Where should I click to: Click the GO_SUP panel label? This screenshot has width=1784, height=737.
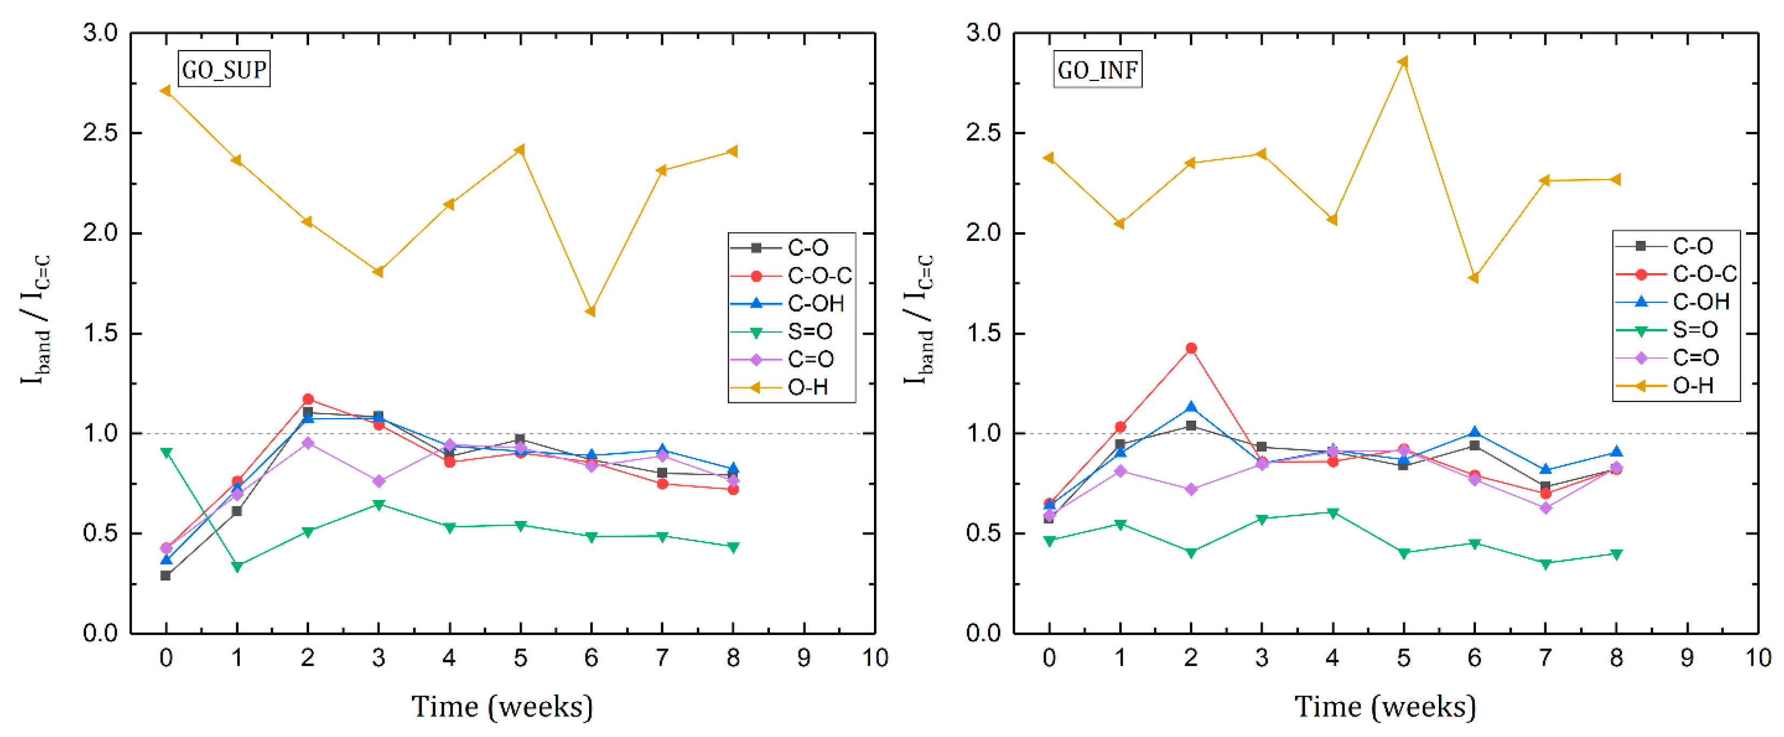(x=223, y=69)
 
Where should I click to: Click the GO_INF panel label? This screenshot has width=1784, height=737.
(x=1097, y=69)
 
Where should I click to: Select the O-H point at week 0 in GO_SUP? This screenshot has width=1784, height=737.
(x=165, y=91)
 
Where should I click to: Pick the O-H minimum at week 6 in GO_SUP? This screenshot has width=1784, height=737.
(x=591, y=312)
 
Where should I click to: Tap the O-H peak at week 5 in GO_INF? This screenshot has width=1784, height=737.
(x=1403, y=61)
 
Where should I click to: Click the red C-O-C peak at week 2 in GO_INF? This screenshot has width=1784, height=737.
(x=1191, y=349)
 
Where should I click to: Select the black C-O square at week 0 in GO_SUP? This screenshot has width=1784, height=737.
(x=165, y=575)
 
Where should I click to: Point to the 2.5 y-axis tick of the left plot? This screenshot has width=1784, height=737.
(x=100, y=133)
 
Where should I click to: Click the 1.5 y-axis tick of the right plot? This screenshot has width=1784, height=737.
(x=983, y=333)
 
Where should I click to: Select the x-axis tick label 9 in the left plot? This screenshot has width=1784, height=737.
(x=804, y=657)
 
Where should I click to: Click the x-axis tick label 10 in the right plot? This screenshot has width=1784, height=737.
(x=1758, y=657)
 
